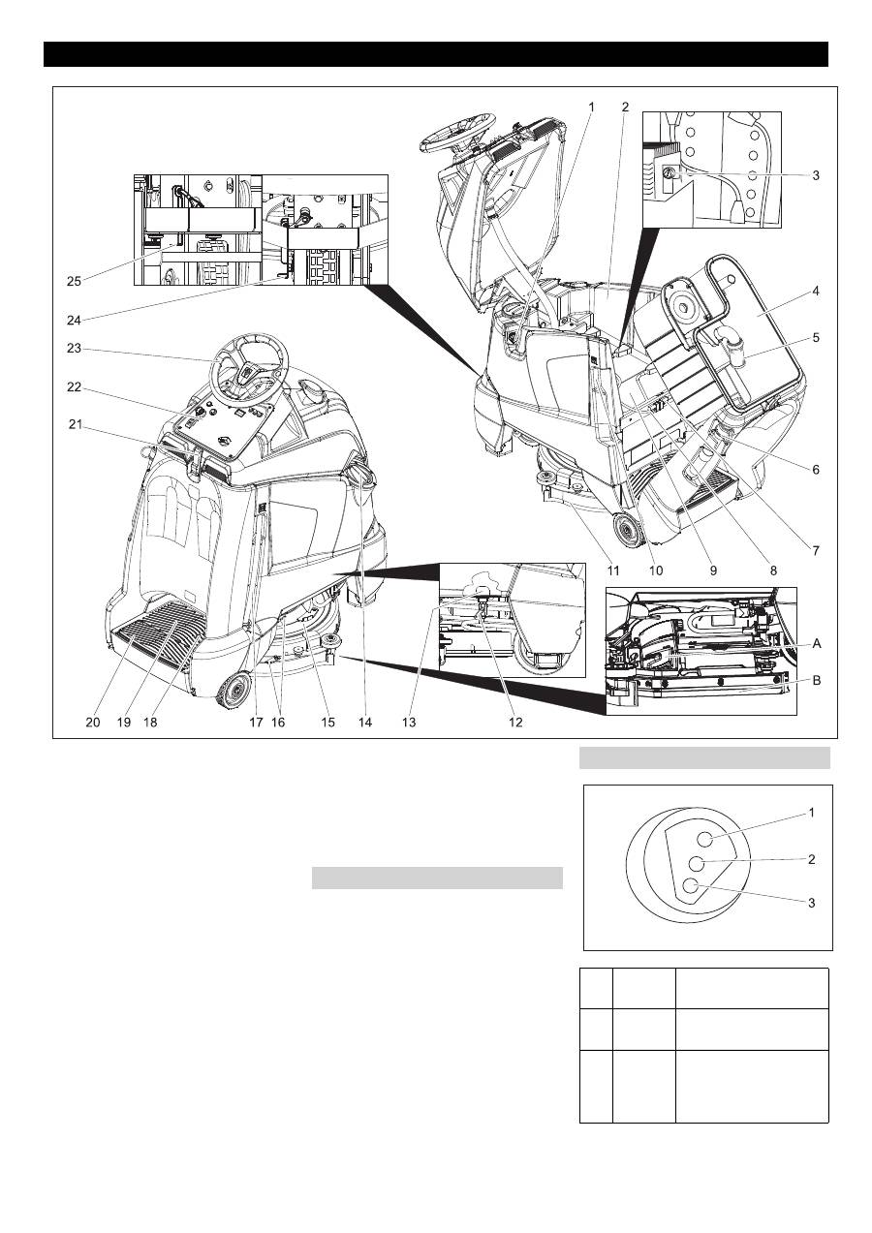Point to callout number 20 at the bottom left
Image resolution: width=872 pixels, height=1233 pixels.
92,722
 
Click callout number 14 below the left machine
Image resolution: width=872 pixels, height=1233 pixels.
363,722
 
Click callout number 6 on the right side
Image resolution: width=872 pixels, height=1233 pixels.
816,469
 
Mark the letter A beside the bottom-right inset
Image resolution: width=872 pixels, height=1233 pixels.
817,642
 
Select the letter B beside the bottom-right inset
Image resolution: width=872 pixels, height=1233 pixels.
817,680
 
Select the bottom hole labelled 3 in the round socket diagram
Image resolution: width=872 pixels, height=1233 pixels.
691,884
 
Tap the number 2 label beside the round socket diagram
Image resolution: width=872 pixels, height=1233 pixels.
812,858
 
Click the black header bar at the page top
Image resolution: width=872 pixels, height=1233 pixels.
436,53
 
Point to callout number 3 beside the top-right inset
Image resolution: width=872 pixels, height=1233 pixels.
816,175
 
